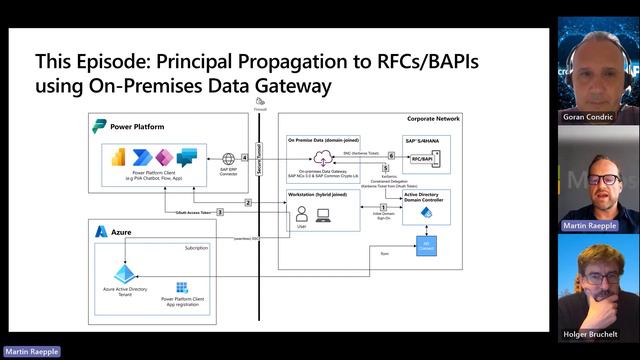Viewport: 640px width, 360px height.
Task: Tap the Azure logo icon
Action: (101, 231)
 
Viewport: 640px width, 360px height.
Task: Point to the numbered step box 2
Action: (248, 202)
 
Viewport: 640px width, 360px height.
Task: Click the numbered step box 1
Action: (383, 207)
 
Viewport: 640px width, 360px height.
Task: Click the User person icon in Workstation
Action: (300, 214)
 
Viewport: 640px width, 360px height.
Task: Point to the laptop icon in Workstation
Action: (323, 214)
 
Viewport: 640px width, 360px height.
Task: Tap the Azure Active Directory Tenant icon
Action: (125, 273)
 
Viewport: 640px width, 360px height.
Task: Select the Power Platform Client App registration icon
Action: (182, 287)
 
